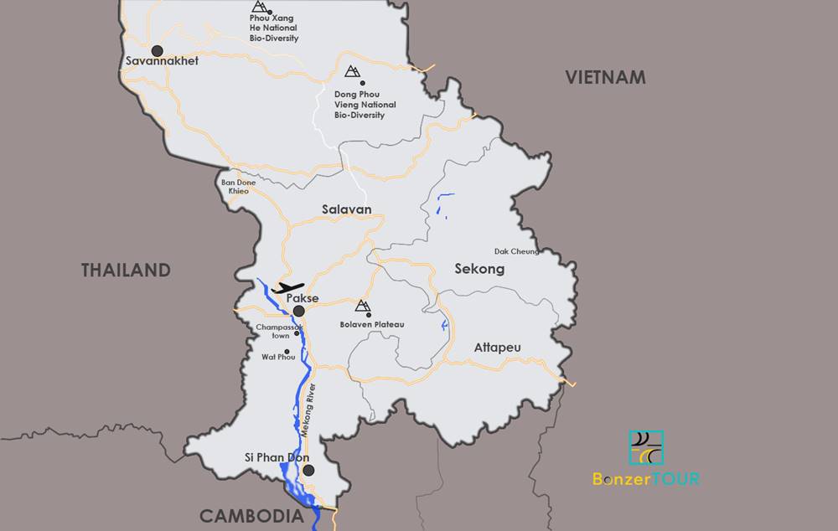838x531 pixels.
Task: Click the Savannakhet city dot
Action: tap(156, 51)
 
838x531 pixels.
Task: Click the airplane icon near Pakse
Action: tap(287, 287)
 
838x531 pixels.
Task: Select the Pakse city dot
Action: tap(298, 311)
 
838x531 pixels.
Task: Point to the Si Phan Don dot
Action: tap(308, 471)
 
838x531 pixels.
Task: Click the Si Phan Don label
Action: tap(277, 458)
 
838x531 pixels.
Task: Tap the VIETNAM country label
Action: tap(605, 78)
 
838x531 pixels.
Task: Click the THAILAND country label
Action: tap(126, 271)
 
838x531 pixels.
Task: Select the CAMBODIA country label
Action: tap(251, 516)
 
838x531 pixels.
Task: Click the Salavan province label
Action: tap(346, 209)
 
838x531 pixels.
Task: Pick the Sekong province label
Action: tap(479, 269)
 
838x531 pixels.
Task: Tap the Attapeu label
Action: tap(497, 347)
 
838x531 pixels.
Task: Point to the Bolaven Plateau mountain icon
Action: tap(363, 306)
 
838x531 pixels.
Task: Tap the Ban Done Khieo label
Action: tap(238, 186)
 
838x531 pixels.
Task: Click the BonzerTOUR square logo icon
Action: tap(646, 448)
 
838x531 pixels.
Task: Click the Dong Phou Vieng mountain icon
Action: tap(353, 71)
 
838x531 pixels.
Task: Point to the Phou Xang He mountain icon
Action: tap(259, 7)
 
